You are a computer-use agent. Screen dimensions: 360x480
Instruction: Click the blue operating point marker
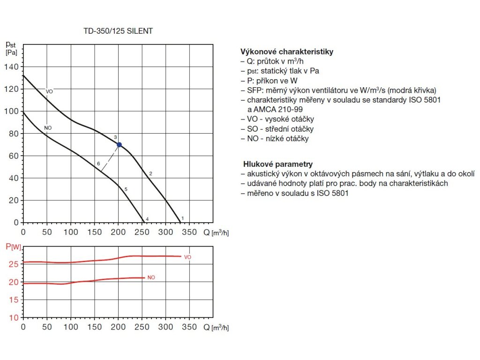[119, 145]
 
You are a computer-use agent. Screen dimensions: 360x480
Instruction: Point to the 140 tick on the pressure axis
[11, 67]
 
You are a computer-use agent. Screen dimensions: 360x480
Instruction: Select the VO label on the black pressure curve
[49, 91]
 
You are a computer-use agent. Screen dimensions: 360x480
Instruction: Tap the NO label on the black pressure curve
[48, 128]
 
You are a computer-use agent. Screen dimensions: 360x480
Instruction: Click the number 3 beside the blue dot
[115, 137]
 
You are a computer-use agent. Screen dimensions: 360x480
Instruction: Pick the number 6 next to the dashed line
[98, 164]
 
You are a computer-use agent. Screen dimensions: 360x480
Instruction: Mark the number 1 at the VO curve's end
[182, 218]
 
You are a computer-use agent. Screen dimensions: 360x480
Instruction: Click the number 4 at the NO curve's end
[147, 219]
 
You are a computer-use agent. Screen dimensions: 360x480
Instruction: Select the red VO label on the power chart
[187, 257]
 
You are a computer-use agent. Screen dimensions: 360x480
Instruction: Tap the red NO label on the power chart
[151, 277]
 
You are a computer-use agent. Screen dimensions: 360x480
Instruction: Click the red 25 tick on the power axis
[14, 264]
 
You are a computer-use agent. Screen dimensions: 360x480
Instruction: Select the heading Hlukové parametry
[278, 164]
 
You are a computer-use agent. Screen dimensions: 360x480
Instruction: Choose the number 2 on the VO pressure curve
[150, 174]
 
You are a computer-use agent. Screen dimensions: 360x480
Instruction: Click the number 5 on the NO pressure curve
[126, 189]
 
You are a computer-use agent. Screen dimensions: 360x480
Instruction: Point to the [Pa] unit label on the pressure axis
[11, 52]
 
